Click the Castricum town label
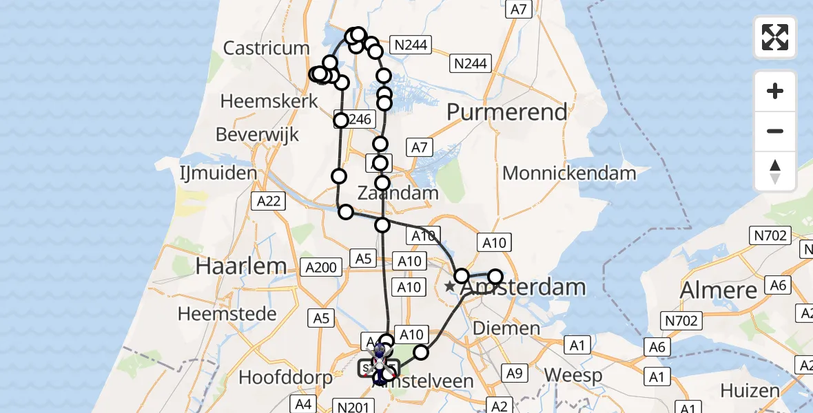pyautogui.click(x=267, y=48)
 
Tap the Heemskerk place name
pyautogui.click(x=269, y=101)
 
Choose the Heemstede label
pyautogui.click(x=227, y=314)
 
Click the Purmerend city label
pyautogui.click(x=508, y=112)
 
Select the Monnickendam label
pyautogui.click(x=569, y=173)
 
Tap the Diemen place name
pyautogui.click(x=506, y=328)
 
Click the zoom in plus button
pyautogui.click(x=775, y=91)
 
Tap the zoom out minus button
pyautogui.click(x=775, y=131)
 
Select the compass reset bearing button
pyautogui.click(x=775, y=171)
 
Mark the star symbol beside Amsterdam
pyautogui.click(x=450, y=286)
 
